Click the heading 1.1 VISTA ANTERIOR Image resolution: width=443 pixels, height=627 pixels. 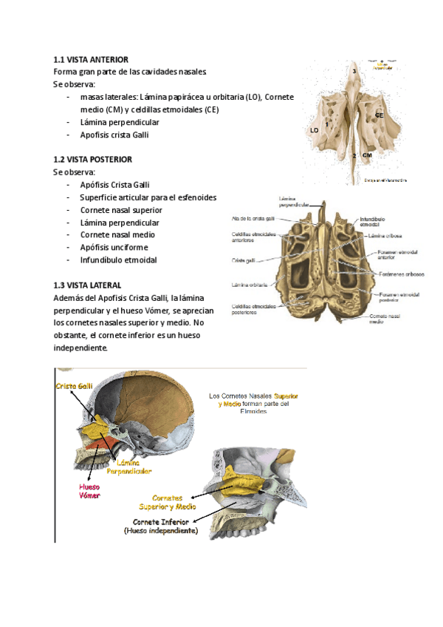pyautogui.click(x=91, y=59)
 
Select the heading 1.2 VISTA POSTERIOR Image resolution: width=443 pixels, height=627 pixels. pyautogui.click(x=93, y=159)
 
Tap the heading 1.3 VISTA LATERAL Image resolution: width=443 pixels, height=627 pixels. pyautogui.click(x=88, y=285)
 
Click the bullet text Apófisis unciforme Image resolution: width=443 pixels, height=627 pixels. pyautogui.click(x=114, y=247)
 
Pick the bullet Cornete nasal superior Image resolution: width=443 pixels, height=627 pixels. pyautogui.click(x=121, y=209)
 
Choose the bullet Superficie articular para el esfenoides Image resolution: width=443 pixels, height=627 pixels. pyautogui.click(x=148, y=197)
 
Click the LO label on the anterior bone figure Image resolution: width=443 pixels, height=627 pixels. pyautogui.click(x=315, y=130)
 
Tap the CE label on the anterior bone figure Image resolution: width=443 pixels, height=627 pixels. pyautogui.click(x=379, y=115)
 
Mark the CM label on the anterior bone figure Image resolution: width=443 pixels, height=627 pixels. pyautogui.click(x=367, y=155)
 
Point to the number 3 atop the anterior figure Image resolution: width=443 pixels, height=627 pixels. pyautogui.click(x=354, y=70)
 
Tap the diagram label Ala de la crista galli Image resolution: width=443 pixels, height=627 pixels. pyautogui.click(x=253, y=219)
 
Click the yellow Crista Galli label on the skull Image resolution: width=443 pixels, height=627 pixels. pyautogui.click(x=74, y=386)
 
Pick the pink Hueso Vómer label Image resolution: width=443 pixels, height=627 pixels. pyautogui.click(x=89, y=491)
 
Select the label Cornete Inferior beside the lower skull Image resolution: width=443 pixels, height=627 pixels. pyautogui.click(x=160, y=526)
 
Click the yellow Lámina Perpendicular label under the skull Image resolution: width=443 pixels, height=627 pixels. pyautogui.click(x=129, y=467)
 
